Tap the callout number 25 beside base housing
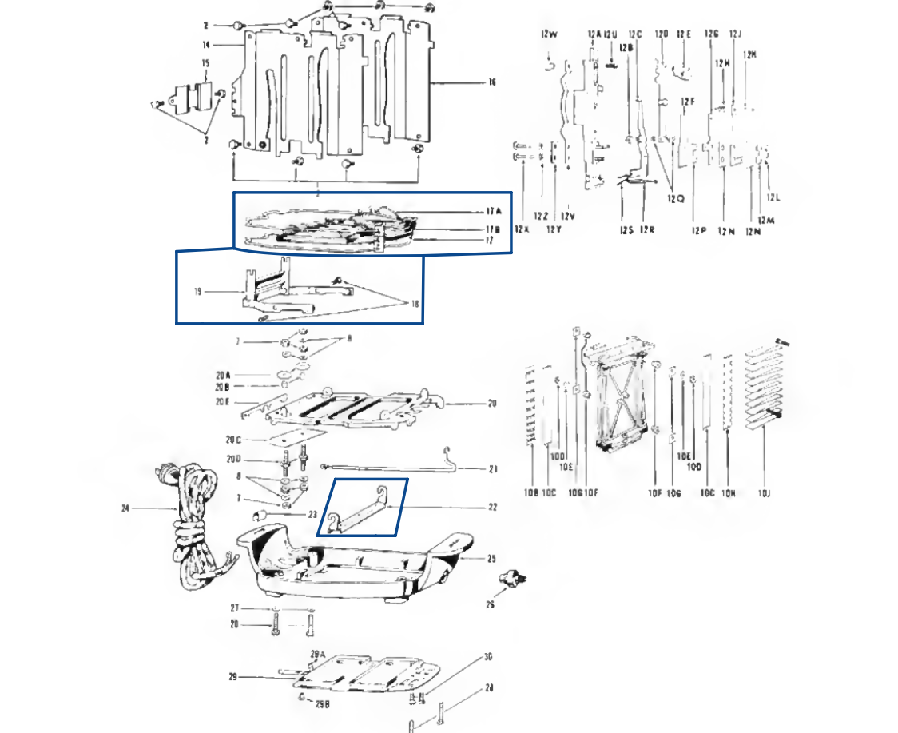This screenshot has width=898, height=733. coord(491,560)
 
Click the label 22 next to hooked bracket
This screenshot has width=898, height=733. coord(493,507)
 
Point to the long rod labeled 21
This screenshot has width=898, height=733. coord(383,465)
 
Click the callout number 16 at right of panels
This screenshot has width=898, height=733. coord(492,82)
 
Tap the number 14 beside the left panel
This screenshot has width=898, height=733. coord(205,46)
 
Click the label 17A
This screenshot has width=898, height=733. coord(493,212)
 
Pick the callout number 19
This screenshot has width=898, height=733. coord(197,293)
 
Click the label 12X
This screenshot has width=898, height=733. coord(522,229)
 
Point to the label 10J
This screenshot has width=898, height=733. coord(764,494)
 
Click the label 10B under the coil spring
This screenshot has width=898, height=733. coord(531,493)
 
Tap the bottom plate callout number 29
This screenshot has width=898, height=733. coord(232,677)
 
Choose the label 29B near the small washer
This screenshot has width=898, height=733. coord(322,704)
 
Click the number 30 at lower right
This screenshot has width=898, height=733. coord(487,657)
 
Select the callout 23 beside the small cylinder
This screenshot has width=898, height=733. coord(313,515)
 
